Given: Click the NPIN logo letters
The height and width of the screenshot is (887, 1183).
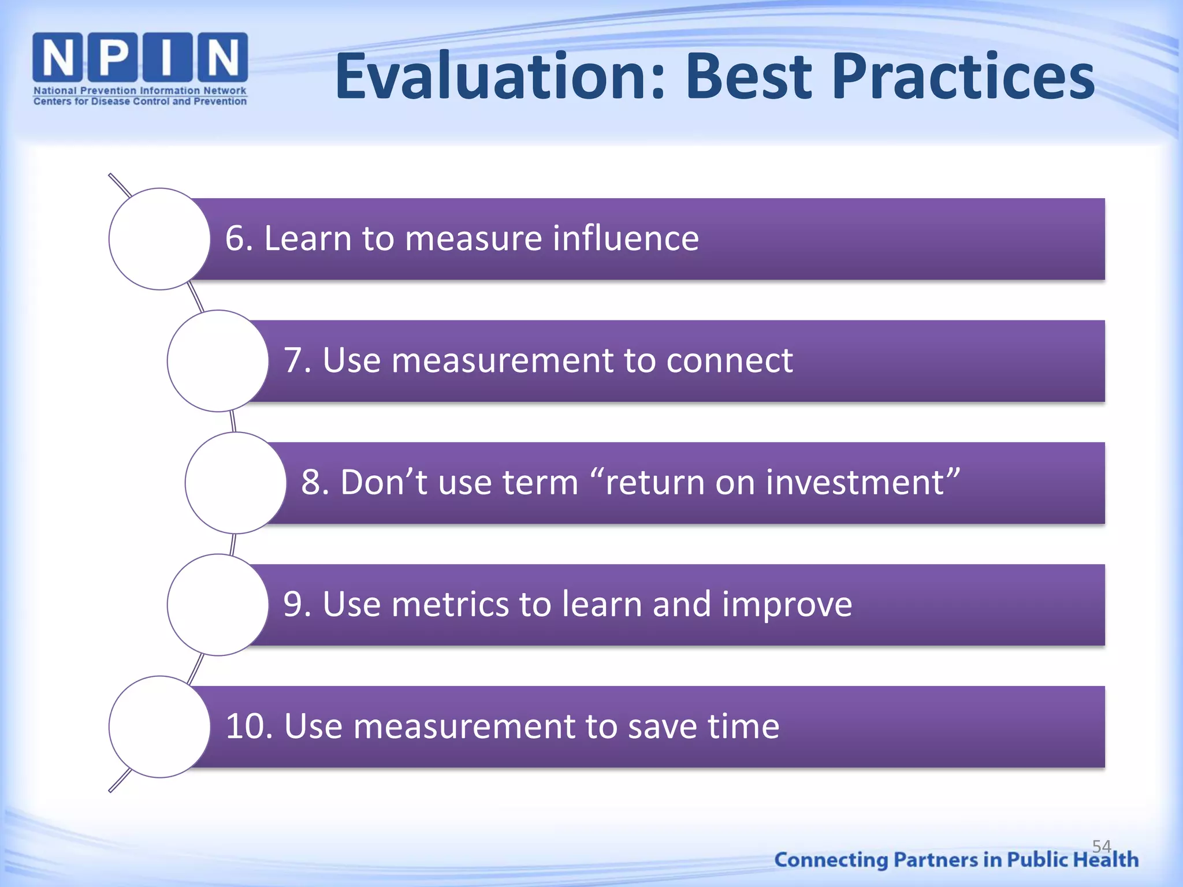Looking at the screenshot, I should point(140,57).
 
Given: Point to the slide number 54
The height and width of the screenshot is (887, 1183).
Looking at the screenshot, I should point(1101,846).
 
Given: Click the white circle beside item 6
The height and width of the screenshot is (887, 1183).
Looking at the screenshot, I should point(159,238).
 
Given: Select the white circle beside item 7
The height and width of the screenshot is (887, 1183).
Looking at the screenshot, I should point(218,361).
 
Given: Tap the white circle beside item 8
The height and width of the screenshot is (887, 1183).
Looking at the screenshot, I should point(236,483).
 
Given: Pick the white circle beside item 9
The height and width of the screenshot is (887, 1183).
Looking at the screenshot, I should point(218,605).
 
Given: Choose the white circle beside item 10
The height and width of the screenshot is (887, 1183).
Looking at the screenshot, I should point(159,726).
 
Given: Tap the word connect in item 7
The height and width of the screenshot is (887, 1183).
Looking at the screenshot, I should point(729,360).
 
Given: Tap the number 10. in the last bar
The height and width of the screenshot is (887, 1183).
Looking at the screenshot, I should point(249,726).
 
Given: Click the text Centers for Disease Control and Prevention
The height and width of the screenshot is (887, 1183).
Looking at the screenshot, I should point(140,102).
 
